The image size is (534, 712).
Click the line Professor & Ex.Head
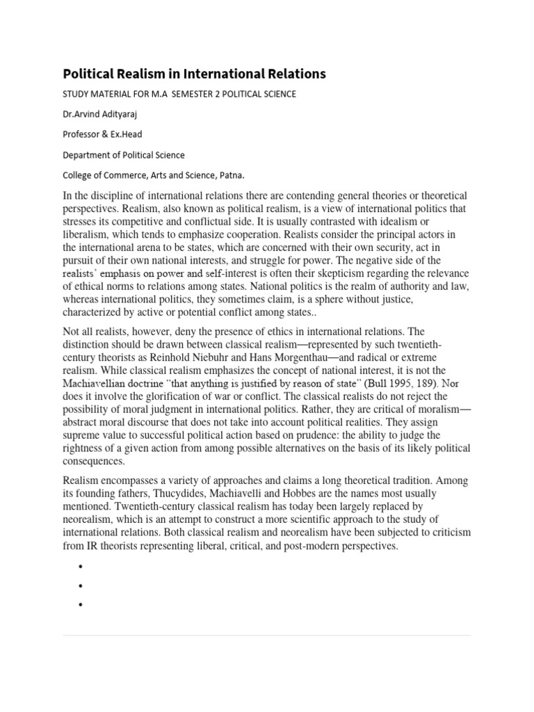pyautogui.click(x=104, y=135)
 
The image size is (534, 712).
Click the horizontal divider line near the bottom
pyautogui.click(x=267, y=635)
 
